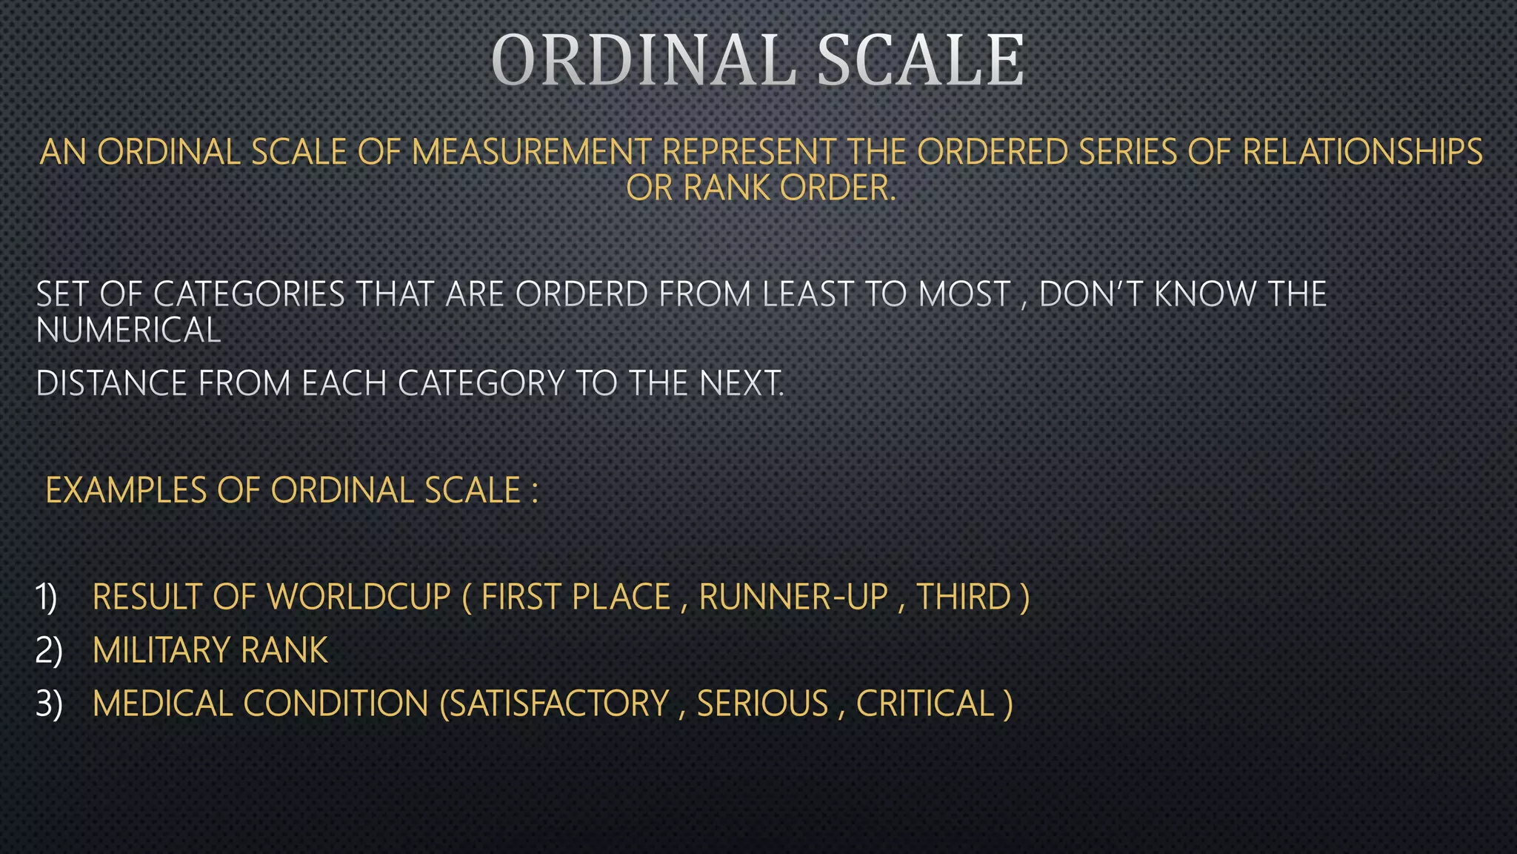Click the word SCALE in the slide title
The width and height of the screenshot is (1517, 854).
[921, 61]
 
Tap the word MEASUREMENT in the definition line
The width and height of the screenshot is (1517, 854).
[531, 153]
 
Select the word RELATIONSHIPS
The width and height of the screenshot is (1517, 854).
[1362, 153]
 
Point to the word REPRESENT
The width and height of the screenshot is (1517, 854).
[749, 153]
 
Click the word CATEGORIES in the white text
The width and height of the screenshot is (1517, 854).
[249, 294]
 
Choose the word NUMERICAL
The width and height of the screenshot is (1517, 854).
[129, 330]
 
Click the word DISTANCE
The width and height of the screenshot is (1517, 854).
[111, 384]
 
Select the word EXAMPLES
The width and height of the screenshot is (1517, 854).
[126, 491]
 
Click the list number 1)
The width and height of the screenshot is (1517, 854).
[47, 598]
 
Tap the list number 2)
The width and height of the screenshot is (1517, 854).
[49, 651]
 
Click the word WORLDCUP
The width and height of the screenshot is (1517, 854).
[359, 598]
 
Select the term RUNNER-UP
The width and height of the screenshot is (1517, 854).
[793, 598]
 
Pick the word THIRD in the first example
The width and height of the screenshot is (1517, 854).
[964, 598]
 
